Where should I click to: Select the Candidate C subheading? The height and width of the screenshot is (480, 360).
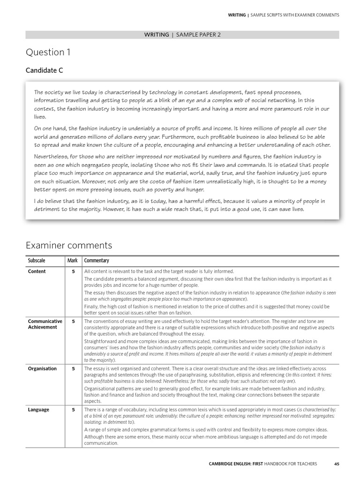coord(44,70)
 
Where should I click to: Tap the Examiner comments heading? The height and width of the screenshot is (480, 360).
coord(68,245)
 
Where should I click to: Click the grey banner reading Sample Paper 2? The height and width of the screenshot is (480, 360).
coord(182,35)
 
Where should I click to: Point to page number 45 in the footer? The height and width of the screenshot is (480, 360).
coord(337,464)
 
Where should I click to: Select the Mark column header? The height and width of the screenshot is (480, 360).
coord(72,261)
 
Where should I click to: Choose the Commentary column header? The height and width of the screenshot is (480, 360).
coord(97,261)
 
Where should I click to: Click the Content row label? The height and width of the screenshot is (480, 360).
coord(37,271)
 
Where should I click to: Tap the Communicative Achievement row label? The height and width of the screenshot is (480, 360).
coord(45,324)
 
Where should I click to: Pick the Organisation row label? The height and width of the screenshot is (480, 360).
coord(42,368)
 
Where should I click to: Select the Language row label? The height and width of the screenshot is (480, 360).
coord(39,410)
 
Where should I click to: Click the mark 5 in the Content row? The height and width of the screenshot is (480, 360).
coord(73,271)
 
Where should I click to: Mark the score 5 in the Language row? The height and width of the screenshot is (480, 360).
coord(73,410)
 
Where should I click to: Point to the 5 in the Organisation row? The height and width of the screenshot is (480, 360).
coord(73,368)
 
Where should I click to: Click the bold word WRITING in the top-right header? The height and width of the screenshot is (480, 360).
coord(237,15)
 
